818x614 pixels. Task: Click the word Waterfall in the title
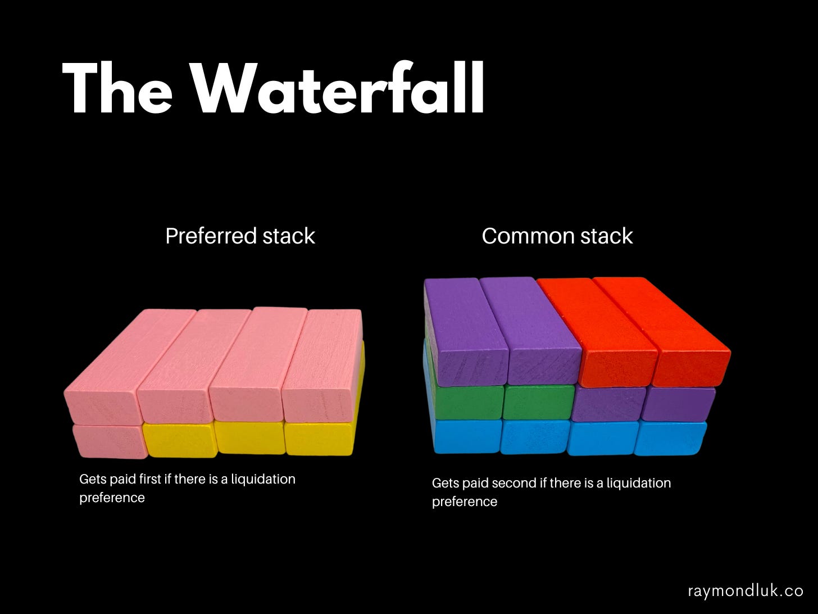click(338, 88)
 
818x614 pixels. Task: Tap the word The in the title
click(117, 88)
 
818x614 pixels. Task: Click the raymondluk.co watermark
click(746, 591)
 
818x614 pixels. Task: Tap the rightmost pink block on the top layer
click(322, 365)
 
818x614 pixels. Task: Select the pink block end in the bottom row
click(110, 442)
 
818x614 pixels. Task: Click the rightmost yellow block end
click(319, 438)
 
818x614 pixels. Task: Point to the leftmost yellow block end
click(180, 440)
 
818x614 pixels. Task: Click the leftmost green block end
click(468, 403)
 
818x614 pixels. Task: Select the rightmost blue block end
click(670, 438)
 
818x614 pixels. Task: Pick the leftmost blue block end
click(467, 436)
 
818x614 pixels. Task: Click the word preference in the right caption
click(465, 502)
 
